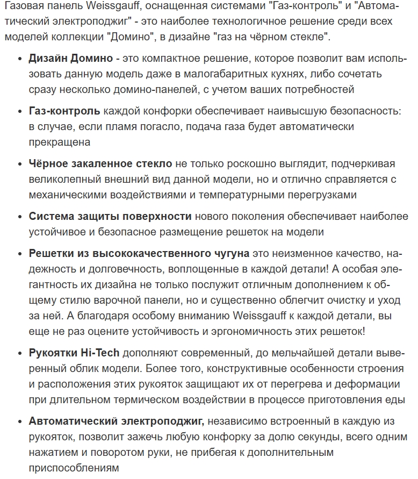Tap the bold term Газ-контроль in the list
(64, 111)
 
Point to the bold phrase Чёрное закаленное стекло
(100, 163)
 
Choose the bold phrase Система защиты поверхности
(110, 216)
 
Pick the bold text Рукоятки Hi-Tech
(74, 353)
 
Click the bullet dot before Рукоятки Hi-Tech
(20, 354)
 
